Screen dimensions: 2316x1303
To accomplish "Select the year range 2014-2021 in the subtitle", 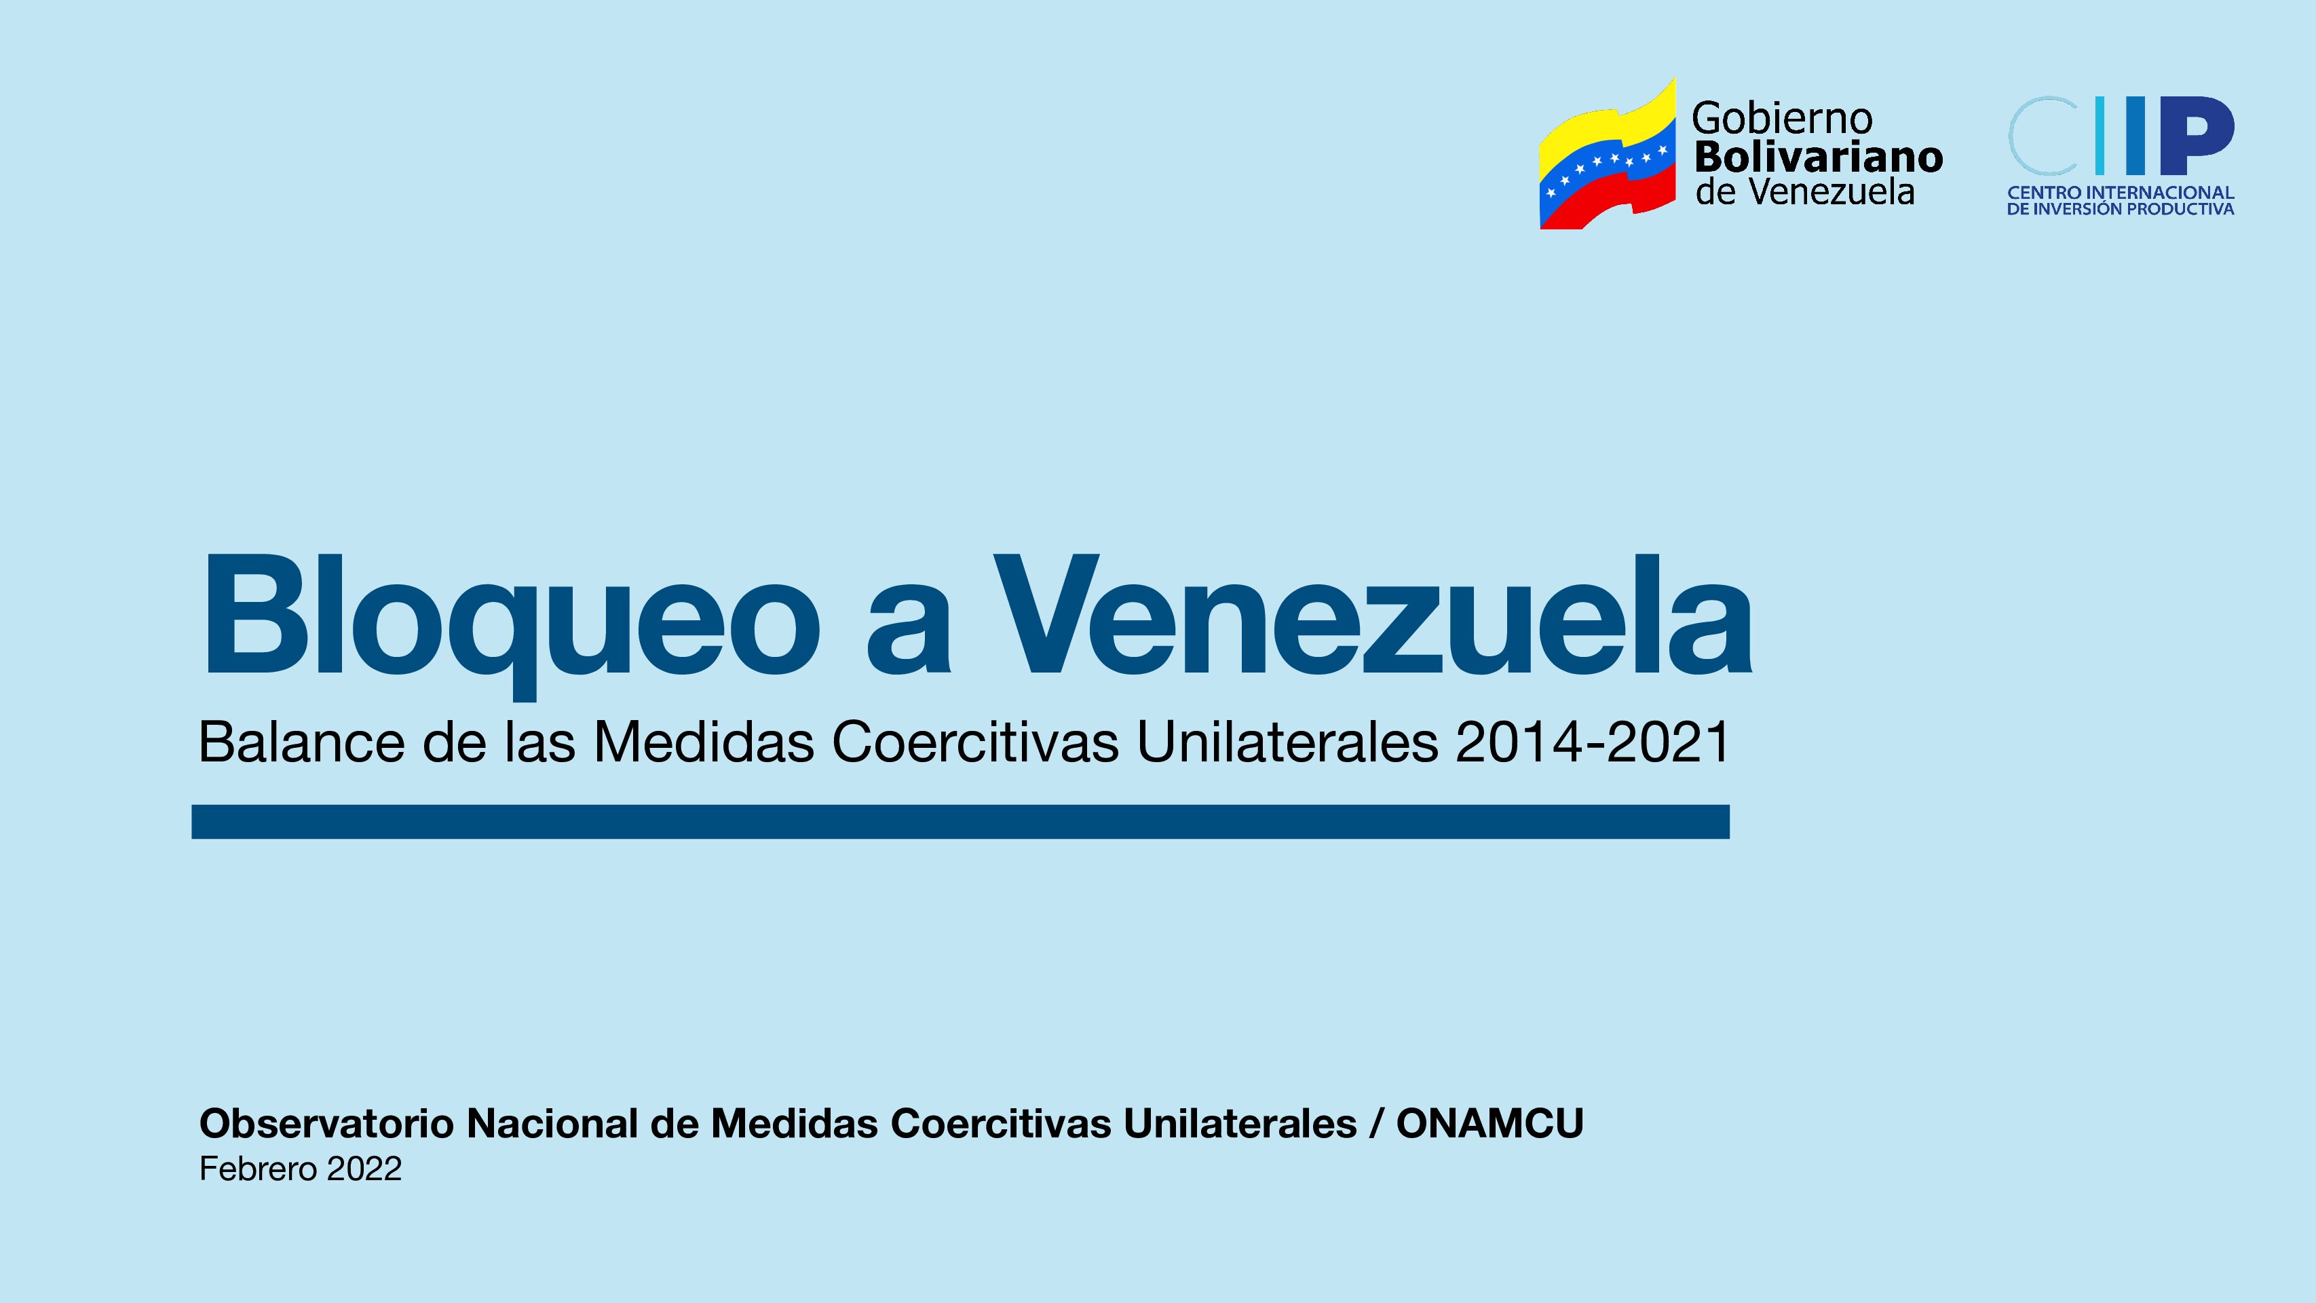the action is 1592,742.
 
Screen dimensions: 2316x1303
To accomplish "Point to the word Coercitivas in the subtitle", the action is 976,742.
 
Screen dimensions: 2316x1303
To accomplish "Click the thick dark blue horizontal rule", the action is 960,822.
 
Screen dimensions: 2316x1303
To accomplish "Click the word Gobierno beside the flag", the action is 1782,118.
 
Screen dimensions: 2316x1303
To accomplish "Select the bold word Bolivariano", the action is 1818,157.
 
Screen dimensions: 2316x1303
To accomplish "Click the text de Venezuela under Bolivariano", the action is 1805,191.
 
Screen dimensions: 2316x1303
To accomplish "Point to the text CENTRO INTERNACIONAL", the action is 2121,193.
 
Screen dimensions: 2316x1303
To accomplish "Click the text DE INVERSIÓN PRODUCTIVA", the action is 2121,208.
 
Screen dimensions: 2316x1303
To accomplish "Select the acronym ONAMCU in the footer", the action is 1489,1123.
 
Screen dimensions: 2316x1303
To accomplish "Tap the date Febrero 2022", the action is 301,1169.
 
